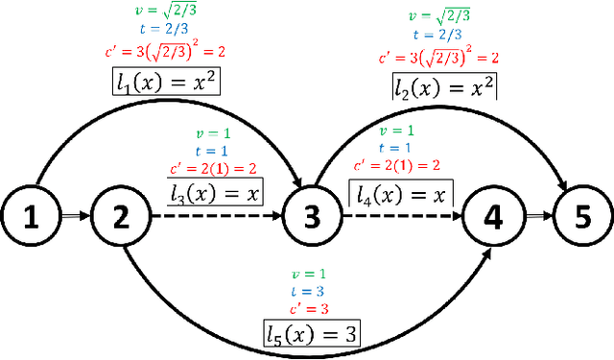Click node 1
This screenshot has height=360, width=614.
[33, 219]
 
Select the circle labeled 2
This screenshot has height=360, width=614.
[119, 219]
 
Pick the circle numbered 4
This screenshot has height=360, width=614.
[492, 219]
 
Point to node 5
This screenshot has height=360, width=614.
[579, 219]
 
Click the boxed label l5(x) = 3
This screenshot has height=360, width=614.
[313, 333]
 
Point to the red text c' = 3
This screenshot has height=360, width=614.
[310, 308]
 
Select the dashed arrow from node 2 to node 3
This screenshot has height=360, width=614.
[211, 219]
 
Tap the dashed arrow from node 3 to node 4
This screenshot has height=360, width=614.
[403, 219]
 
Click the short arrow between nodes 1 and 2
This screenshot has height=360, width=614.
[76, 219]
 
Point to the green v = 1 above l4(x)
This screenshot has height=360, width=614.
[397, 131]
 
